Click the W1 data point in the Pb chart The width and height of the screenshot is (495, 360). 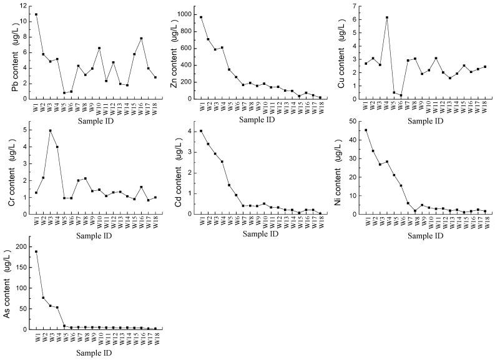point(36,14)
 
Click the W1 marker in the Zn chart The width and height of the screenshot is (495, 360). point(201,17)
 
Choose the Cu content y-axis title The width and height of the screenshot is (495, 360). point(341,51)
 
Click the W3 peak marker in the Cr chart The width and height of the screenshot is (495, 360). point(51,130)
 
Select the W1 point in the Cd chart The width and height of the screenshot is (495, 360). point(201,131)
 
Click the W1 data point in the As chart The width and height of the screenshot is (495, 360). point(36,251)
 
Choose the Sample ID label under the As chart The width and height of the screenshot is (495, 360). point(96,354)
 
